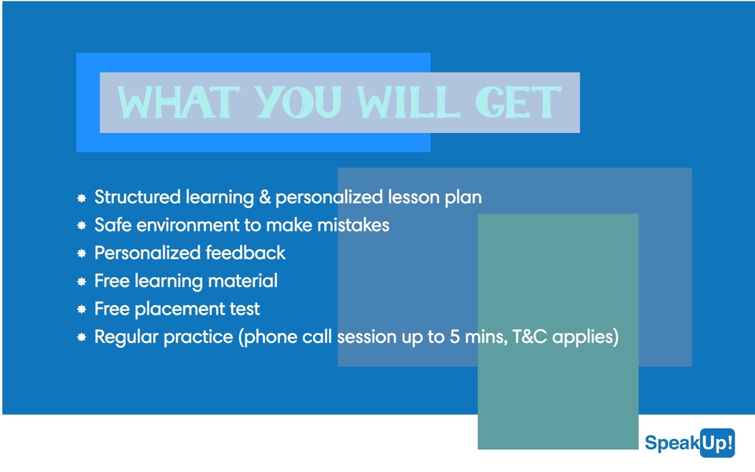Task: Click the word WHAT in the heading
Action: tap(179, 102)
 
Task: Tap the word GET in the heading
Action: tap(518, 102)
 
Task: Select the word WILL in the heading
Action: tap(408, 102)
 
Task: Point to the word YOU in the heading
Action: tap(298, 102)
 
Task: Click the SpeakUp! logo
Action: tap(690, 443)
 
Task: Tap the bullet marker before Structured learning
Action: tap(82, 198)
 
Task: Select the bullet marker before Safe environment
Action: tap(82, 226)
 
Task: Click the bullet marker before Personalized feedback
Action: tap(82, 253)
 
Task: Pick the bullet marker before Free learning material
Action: tap(82, 282)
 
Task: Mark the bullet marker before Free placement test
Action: tap(82, 309)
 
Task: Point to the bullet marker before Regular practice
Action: tap(82, 337)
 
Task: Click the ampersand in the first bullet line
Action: tap(265, 197)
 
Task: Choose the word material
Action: tap(243, 281)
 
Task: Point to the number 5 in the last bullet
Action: tap(455, 337)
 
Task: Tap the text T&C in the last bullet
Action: tap(529, 337)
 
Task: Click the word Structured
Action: tap(138, 197)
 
